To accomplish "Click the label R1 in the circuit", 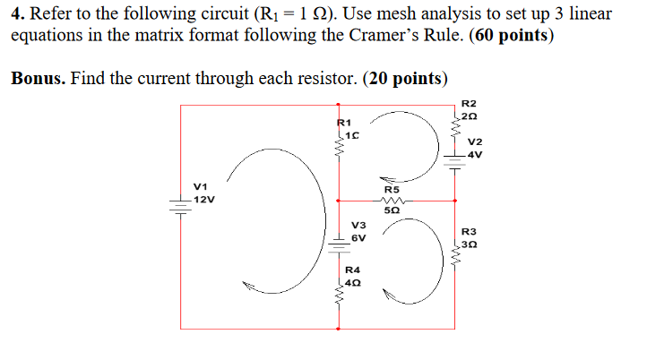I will point(345,122).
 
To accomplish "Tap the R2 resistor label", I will point(470,104).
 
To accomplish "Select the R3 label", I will point(470,231).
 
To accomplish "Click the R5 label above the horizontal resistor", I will point(392,190).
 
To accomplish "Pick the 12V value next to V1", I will point(203,199).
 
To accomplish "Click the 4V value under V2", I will point(474,154).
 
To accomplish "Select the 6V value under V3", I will point(358,238).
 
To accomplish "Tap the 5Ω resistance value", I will point(392,211).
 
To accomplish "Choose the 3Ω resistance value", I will point(471,244).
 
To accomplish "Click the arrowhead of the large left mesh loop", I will point(250,286).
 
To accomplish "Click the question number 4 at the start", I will point(16,15).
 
